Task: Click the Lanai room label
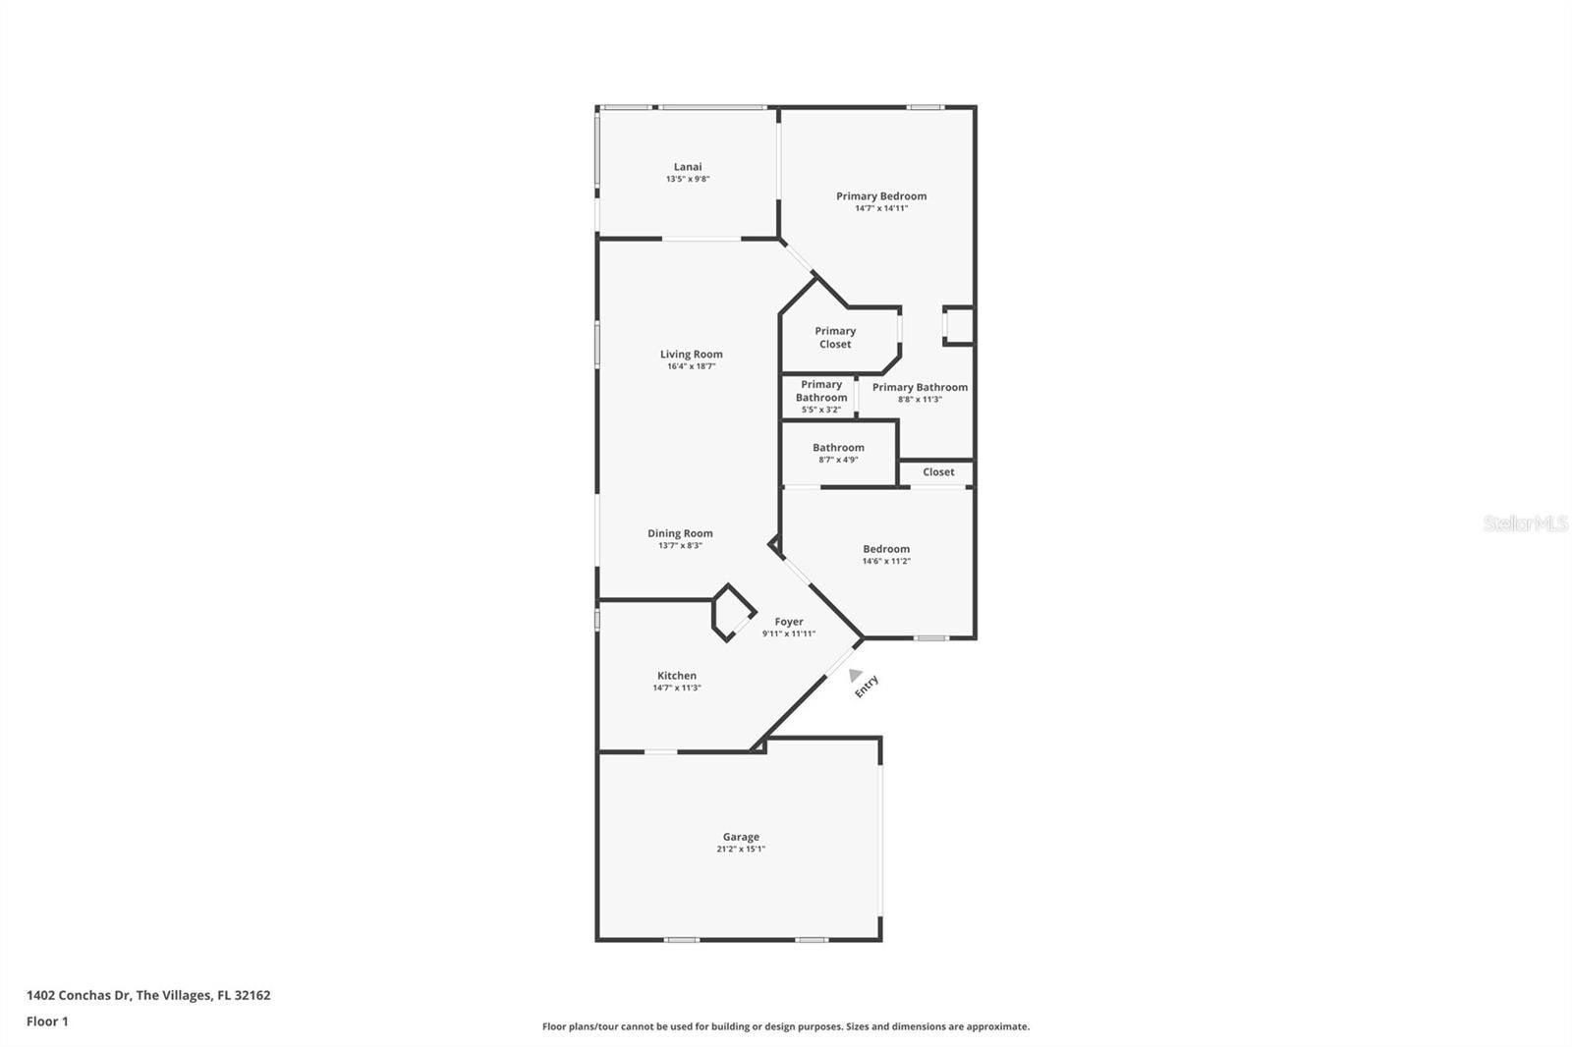(687, 166)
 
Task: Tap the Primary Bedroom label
(880, 195)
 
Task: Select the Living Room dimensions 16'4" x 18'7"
(692, 366)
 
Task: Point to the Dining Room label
(680, 533)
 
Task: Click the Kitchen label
(677, 675)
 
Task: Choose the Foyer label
(789, 622)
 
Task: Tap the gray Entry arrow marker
(855, 675)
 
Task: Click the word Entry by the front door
(867, 687)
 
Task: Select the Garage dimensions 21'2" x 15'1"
(741, 849)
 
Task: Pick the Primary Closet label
(835, 338)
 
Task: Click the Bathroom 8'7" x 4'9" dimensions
(838, 460)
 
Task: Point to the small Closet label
(938, 472)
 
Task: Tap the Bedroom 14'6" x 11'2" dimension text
(886, 561)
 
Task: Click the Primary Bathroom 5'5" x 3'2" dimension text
(821, 410)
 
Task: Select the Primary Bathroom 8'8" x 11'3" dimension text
(920, 400)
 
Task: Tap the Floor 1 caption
(47, 1021)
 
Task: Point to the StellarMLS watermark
(1526, 523)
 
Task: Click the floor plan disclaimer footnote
(786, 1026)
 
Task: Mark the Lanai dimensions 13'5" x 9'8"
(688, 179)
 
